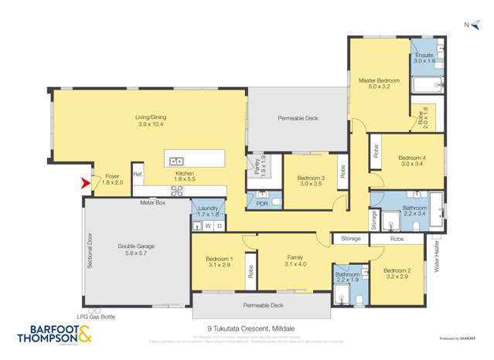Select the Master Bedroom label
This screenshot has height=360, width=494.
click(378, 83)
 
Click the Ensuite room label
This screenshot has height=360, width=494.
click(424, 59)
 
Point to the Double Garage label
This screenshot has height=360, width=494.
click(136, 250)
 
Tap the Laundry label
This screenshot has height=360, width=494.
click(208, 211)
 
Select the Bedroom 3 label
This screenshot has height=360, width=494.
click(311, 181)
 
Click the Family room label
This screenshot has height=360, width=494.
click(295, 260)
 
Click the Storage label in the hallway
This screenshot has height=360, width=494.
click(351, 239)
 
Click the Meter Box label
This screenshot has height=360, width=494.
click(152, 202)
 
